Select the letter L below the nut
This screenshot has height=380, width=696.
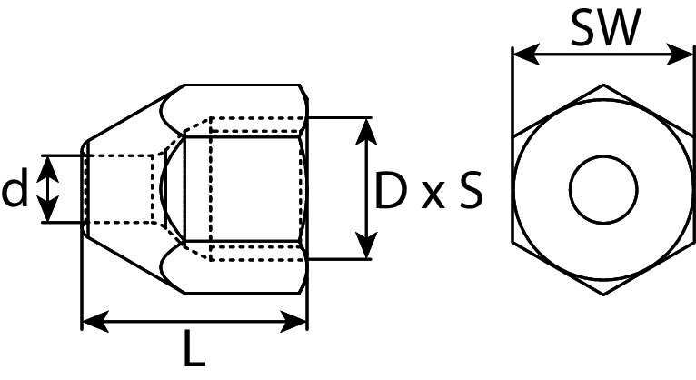194,350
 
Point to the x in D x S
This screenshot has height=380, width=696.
432,195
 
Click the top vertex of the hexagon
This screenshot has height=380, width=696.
604,85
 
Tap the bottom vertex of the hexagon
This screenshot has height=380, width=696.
604,294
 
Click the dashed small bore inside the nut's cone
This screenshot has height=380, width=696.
119,189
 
